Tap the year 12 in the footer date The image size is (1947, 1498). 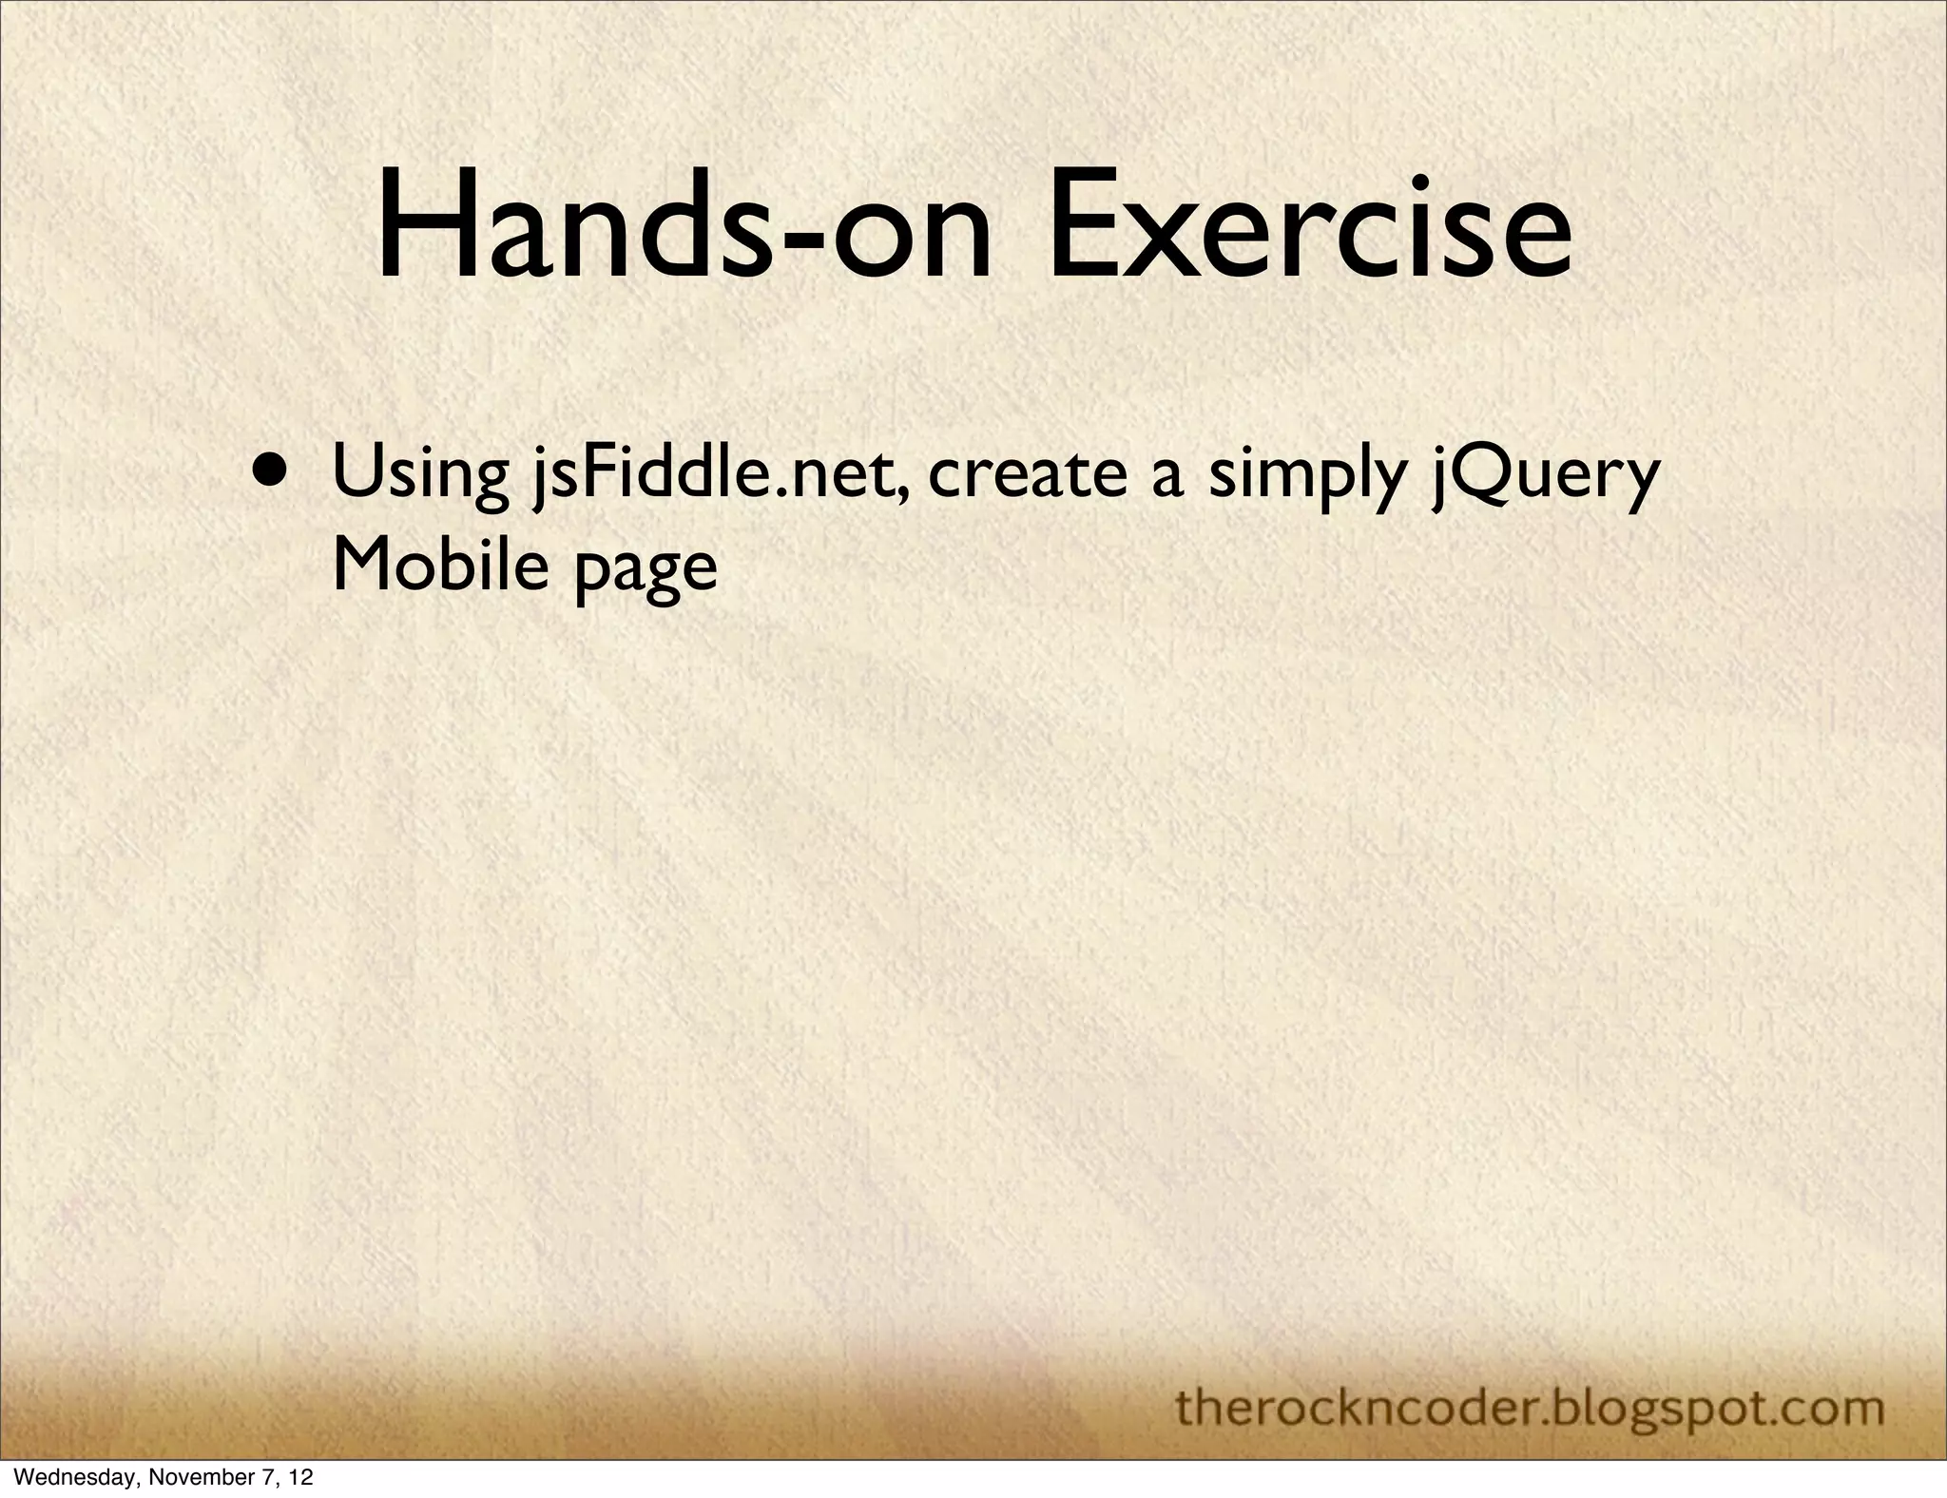(x=300, y=1478)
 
